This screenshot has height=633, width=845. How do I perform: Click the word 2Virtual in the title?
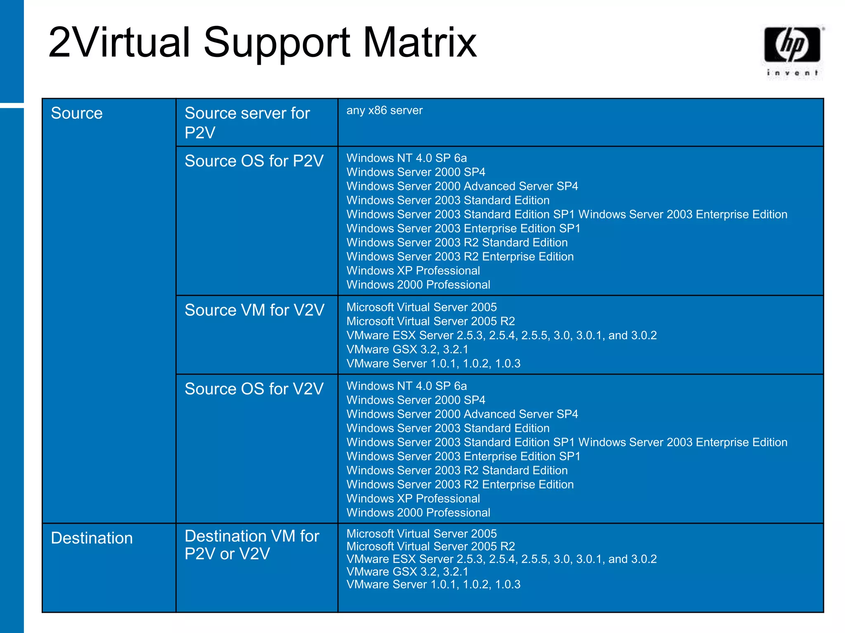[119, 42]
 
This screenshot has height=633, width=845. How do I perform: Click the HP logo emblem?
[792, 45]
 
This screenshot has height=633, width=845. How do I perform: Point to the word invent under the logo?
[792, 73]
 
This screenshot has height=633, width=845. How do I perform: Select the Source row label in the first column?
[77, 113]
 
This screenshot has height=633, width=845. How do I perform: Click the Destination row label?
[92, 538]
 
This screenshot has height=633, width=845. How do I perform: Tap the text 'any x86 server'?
[384, 110]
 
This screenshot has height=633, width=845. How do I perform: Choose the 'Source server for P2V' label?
[247, 123]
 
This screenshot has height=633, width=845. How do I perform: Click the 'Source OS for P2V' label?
[254, 161]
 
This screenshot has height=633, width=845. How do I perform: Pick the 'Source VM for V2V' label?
[254, 310]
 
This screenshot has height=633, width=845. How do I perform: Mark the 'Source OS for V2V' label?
[254, 389]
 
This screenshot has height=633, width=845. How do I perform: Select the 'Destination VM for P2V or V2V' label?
[252, 545]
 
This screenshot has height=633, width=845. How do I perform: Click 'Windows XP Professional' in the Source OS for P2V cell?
[413, 271]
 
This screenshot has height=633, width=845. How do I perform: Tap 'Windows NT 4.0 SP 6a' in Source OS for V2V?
[406, 386]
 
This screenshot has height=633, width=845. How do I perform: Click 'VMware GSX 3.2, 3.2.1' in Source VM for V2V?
[407, 349]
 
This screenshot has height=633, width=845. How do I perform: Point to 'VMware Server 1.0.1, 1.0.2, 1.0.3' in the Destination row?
[433, 584]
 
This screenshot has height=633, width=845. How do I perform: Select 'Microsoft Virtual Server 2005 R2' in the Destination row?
[430, 546]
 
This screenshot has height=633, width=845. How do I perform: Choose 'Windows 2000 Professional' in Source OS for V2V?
[418, 513]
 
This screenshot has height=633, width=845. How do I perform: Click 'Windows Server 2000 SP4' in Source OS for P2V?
[415, 172]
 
